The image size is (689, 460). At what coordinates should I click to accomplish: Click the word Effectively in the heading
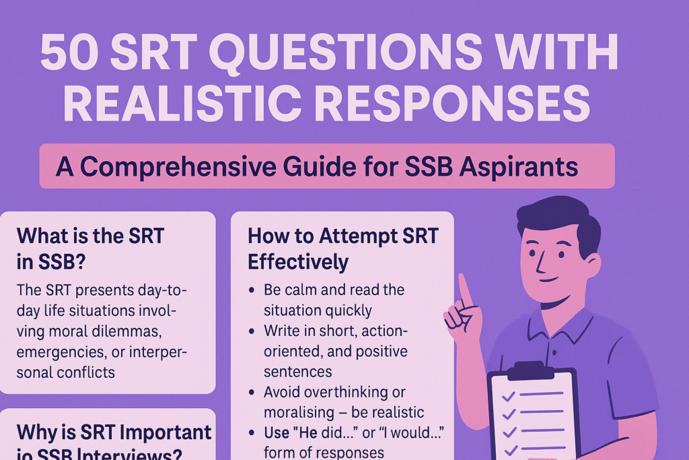[x=298, y=262]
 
